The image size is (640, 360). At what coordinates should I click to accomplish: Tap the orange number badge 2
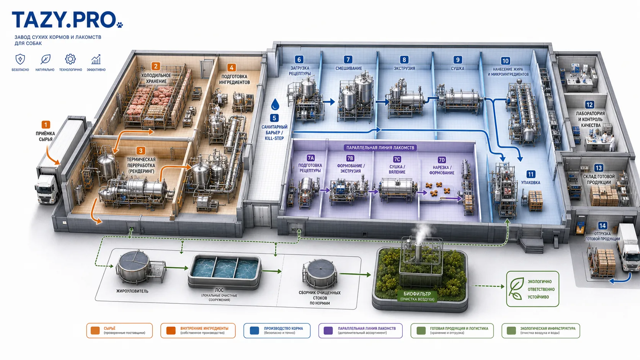point(156,67)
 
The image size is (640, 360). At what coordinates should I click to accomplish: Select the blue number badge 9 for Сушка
point(458,60)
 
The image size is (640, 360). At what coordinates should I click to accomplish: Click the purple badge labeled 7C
point(397,159)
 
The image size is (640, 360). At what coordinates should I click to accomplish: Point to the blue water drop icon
point(275,104)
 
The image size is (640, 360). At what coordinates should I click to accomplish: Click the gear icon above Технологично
point(70,59)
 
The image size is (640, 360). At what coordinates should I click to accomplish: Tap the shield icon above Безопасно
point(20,59)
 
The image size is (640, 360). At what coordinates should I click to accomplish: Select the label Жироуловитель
point(132,291)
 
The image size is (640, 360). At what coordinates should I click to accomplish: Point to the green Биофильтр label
point(417,296)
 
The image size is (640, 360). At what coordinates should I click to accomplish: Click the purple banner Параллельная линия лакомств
point(380,148)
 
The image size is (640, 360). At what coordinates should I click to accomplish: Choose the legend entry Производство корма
point(277,331)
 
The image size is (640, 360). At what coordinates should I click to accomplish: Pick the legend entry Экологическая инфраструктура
point(540,331)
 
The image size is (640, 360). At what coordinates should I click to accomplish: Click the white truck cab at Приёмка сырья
point(46,189)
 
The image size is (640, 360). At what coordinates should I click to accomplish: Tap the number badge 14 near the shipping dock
point(602,226)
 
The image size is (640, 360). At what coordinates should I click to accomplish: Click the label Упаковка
point(531,182)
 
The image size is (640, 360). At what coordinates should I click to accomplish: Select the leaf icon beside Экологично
point(516,288)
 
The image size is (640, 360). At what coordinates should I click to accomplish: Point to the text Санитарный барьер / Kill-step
point(274,132)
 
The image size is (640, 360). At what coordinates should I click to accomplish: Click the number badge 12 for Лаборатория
point(589,104)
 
